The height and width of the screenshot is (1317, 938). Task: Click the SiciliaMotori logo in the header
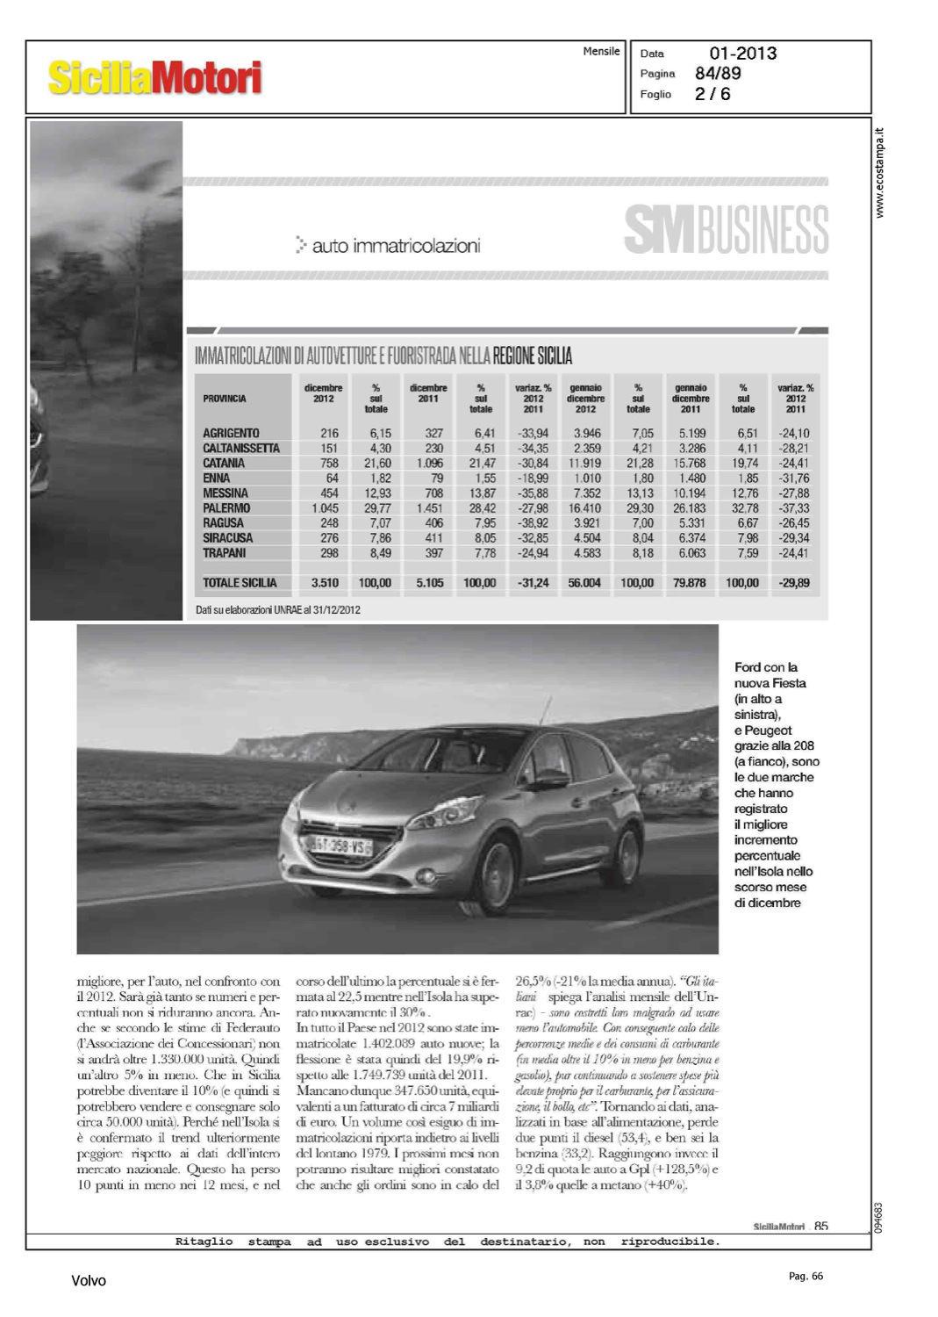[x=154, y=77]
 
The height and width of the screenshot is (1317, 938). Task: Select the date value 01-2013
[x=742, y=54]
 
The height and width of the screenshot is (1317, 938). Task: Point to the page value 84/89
[x=718, y=74]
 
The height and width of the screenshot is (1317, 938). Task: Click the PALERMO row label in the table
[x=226, y=508]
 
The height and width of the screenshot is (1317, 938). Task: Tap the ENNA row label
[x=216, y=479]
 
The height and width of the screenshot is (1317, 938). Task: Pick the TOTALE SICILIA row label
[x=240, y=583]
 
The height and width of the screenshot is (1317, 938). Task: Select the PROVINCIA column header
[x=225, y=399]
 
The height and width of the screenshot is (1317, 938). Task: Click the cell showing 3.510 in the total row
[x=325, y=583]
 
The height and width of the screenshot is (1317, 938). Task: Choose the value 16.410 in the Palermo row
[x=585, y=508]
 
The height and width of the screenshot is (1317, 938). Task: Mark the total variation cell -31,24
[x=533, y=583]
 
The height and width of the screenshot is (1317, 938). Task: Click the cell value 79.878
[x=690, y=583]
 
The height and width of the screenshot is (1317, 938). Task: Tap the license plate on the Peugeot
[x=338, y=846]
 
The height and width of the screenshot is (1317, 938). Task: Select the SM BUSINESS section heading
[x=726, y=230]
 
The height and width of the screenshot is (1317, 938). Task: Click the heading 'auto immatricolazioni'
[x=395, y=246]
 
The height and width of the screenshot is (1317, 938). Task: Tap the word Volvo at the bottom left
[x=89, y=1281]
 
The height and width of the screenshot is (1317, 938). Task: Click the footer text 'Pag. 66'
[x=806, y=1276]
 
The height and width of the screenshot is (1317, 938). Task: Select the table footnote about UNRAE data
[x=278, y=609]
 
